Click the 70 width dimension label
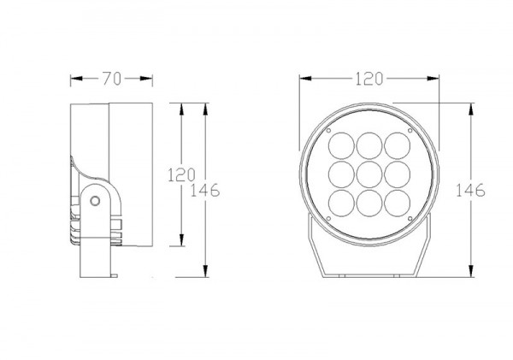pos(112,79)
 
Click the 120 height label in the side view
pos(181,174)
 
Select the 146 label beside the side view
pos(205,190)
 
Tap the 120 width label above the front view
pos(369,79)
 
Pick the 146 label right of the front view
pos(470,190)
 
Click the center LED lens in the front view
pos(369,174)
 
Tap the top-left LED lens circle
pos(341,146)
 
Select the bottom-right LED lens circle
pos(398,203)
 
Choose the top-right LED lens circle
pos(398,146)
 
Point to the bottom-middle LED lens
pos(369,203)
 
